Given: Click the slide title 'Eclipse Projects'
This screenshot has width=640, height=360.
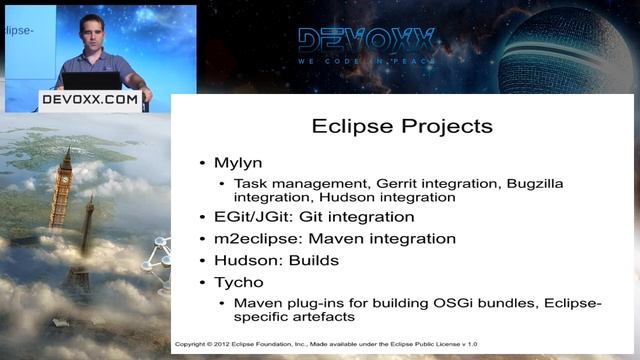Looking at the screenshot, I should (x=402, y=127).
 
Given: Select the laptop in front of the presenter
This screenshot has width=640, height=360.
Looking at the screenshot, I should (x=93, y=81).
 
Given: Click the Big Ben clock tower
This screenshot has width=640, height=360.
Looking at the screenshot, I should (x=63, y=190).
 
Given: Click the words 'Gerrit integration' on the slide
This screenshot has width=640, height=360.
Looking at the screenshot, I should (x=437, y=184).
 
